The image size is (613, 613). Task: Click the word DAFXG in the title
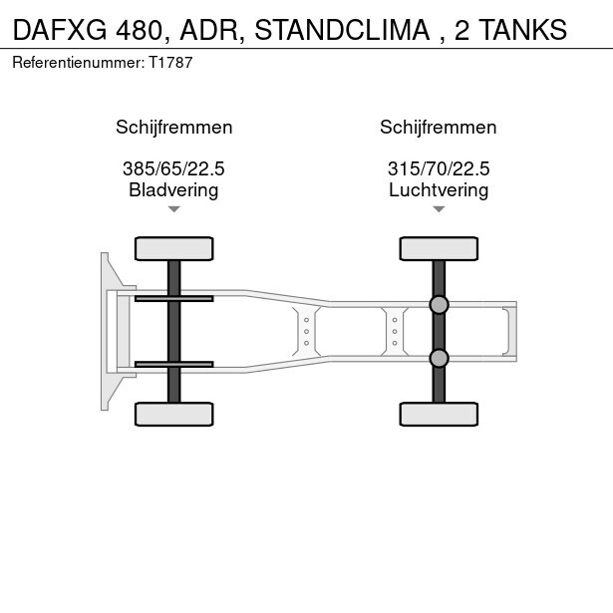click(60, 30)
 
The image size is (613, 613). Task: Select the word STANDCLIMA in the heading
click(343, 30)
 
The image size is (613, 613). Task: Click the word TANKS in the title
click(522, 30)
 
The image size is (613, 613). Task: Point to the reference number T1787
click(170, 63)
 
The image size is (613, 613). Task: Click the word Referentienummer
click(78, 63)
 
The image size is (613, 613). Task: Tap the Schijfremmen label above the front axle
click(174, 128)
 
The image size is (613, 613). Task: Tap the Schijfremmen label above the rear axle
click(439, 128)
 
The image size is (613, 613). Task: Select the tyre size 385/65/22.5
click(173, 168)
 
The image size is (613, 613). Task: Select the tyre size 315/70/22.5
click(439, 168)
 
